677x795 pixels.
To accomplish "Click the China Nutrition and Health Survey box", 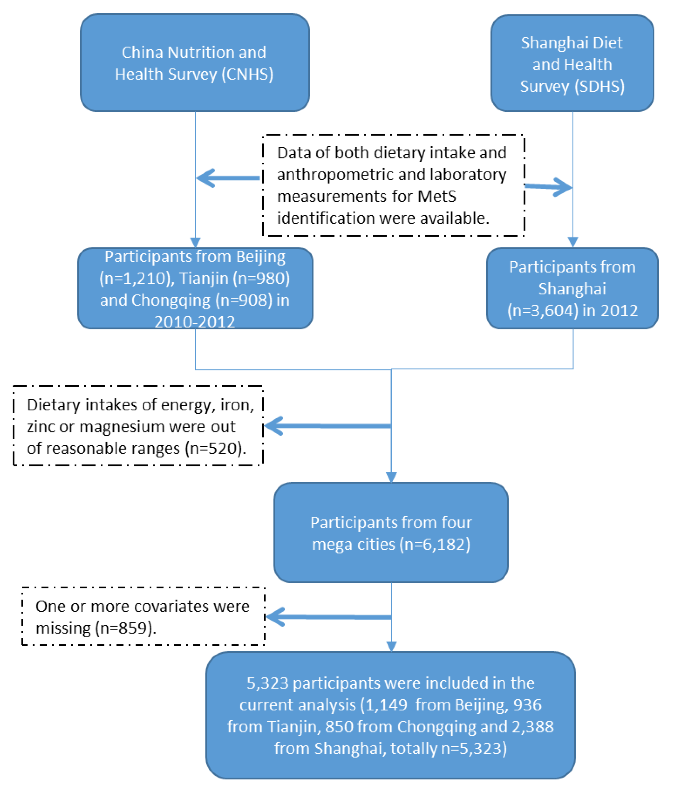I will pyautogui.click(x=195, y=63).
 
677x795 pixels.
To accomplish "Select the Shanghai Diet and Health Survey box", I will pyautogui.click(x=572, y=63).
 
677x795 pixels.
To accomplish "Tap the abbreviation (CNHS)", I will pyautogui.click(x=247, y=74).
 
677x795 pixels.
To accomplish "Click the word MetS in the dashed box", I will pyautogui.click(x=437, y=196).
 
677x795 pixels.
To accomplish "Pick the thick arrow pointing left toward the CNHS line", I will pyautogui.click(x=228, y=178).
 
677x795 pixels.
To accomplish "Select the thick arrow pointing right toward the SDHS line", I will pyautogui.click(x=548, y=187).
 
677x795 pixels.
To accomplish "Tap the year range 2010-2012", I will pyautogui.click(x=195, y=321).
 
